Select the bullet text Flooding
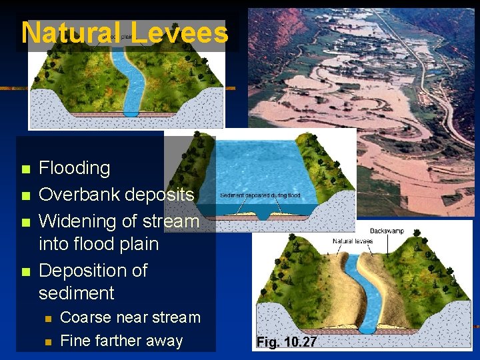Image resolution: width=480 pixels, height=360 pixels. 74,168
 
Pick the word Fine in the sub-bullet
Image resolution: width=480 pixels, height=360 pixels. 74,341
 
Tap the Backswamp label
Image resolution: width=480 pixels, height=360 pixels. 387,231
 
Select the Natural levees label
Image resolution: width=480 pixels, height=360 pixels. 353,241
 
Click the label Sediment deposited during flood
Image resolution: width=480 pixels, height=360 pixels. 260,195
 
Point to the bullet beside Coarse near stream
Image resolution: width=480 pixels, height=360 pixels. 47,319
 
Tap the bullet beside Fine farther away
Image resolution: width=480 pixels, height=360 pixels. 47,342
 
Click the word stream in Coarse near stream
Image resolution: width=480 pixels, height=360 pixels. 176,317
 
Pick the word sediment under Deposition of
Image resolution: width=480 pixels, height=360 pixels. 76,293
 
